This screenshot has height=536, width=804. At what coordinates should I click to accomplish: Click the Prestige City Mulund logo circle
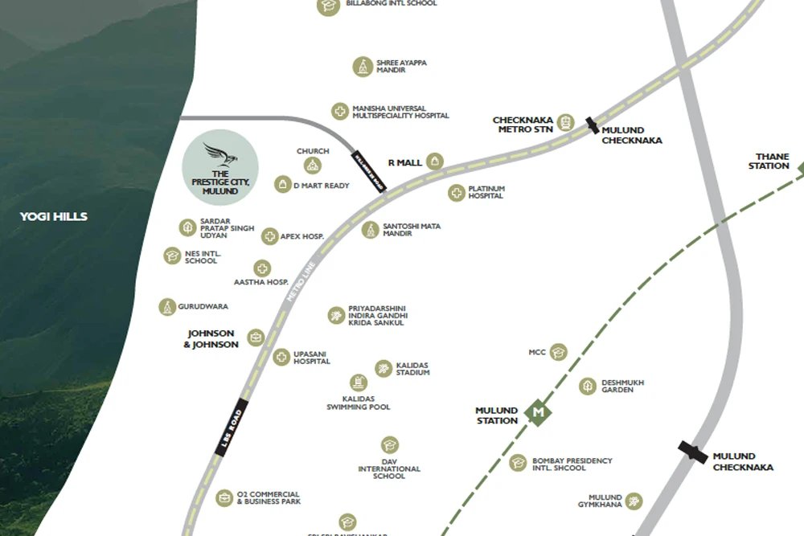(x=220, y=167)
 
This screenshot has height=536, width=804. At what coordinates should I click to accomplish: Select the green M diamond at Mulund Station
(x=539, y=413)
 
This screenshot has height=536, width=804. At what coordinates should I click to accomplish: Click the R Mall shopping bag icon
(x=435, y=162)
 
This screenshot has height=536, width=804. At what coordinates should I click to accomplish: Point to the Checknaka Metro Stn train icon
(x=566, y=123)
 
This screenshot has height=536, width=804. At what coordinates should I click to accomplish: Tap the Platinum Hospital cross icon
(x=457, y=193)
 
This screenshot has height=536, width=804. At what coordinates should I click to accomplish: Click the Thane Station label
(x=769, y=161)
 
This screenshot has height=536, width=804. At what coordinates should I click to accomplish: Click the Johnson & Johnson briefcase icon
(x=256, y=338)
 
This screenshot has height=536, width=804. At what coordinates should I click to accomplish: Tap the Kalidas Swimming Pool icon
(x=359, y=383)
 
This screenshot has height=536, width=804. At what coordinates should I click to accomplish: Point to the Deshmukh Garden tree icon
(x=589, y=386)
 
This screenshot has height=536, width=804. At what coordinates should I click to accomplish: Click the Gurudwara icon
(x=166, y=307)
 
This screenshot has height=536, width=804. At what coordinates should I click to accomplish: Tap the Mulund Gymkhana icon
(x=634, y=501)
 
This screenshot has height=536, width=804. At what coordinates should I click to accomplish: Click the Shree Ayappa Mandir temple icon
(x=363, y=66)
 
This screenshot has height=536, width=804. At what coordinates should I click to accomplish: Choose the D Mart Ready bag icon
(x=282, y=185)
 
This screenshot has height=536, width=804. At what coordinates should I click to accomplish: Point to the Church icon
(x=312, y=166)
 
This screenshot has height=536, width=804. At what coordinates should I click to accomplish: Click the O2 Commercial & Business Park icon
(x=224, y=498)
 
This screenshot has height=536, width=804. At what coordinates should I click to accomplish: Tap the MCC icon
(x=559, y=352)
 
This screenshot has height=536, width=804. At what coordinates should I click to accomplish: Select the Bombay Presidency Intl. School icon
(x=519, y=462)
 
